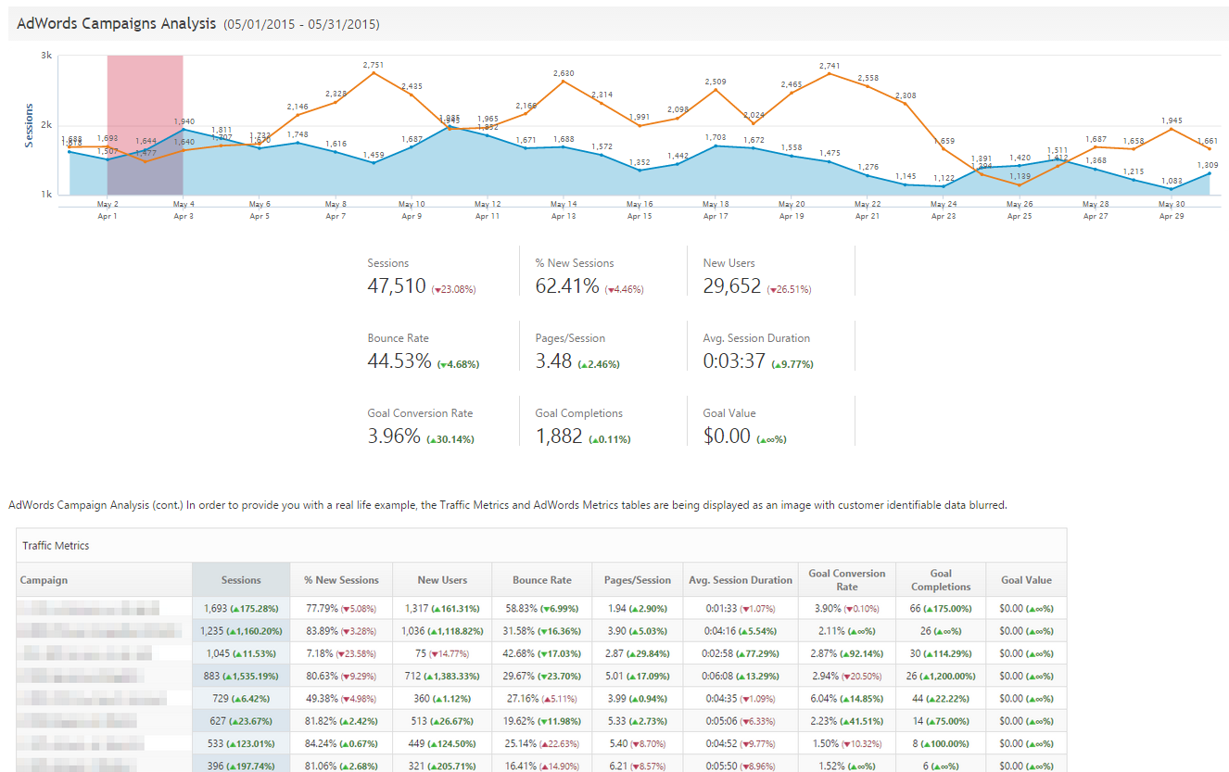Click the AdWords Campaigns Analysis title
pyautogui.click(x=117, y=24)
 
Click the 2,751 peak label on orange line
pyautogui.click(x=374, y=65)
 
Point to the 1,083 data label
pyautogui.click(x=1172, y=179)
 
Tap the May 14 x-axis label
pyautogui.click(x=564, y=204)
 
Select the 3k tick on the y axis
pyautogui.click(x=46, y=56)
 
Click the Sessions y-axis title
pyautogui.click(x=29, y=125)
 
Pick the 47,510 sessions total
pyautogui.click(x=397, y=286)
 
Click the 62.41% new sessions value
pyautogui.click(x=567, y=286)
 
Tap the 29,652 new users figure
pyautogui.click(x=732, y=286)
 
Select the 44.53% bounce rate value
pyautogui.click(x=399, y=361)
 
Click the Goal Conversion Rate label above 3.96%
pyautogui.click(x=420, y=413)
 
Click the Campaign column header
pyautogui.click(x=44, y=580)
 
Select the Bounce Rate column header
pyautogui.click(x=541, y=580)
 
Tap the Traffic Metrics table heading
pyautogui.click(x=56, y=546)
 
